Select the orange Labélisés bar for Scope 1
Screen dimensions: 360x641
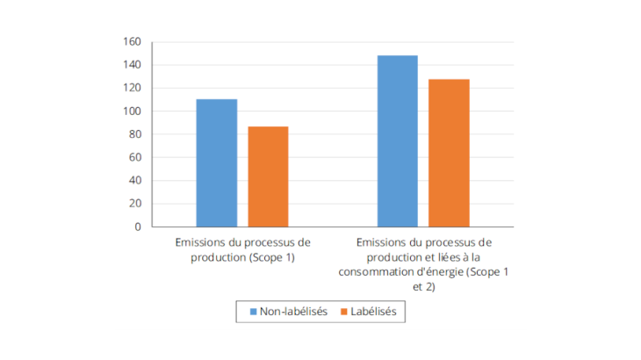tap(268, 176)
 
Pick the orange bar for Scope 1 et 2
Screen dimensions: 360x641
tap(449, 153)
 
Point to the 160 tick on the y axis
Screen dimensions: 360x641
tap(132, 41)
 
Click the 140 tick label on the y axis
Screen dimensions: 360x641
tap(132, 65)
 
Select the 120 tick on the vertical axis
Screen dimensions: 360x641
tap(132, 88)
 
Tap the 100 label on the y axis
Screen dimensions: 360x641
tap(132, 112)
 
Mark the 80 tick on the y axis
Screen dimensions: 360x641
tap(134, 134)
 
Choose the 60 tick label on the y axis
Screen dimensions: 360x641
tap(134, 157)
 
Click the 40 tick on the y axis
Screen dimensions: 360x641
tap(134, 181)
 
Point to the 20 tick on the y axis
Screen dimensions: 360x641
tap(134, 204)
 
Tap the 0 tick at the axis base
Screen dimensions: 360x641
tap(137, 227)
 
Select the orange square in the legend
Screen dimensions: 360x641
tap(342, 312)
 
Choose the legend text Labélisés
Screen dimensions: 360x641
tap(374, 312)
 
